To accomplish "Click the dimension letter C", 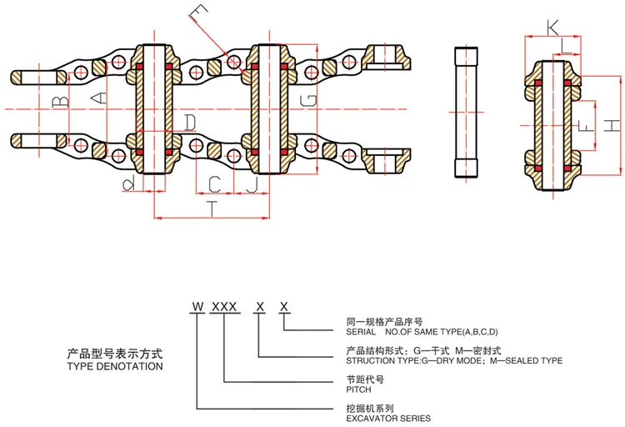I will click(214, 182).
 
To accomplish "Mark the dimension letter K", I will click(552, 28).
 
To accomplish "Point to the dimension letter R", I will click(127, 181).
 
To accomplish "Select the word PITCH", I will click(359, 389).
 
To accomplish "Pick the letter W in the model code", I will click(197, 306).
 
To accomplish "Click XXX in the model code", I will click(224, 306).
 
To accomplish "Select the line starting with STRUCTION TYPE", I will click(453, 360).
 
